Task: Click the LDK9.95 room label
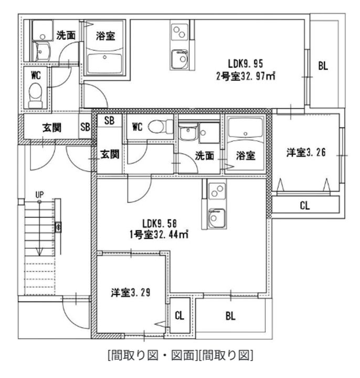(245, 64)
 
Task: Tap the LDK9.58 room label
(160, 224)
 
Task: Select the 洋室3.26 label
(306, 152)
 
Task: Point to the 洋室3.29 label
(131, 292)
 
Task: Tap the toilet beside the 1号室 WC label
(161, 127)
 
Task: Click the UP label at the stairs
(39, 195)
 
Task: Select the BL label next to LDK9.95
(323, 66)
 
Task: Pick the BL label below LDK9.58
(230, 316)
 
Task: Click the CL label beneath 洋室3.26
(305, 206)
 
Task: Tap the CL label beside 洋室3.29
(179, 316)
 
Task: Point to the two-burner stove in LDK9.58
(217, 191)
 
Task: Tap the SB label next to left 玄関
(86, 127)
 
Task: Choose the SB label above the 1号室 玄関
(109, 120)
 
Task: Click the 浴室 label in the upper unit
(105, 36)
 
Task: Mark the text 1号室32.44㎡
(159, 234)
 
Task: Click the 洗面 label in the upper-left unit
(66, 35)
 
